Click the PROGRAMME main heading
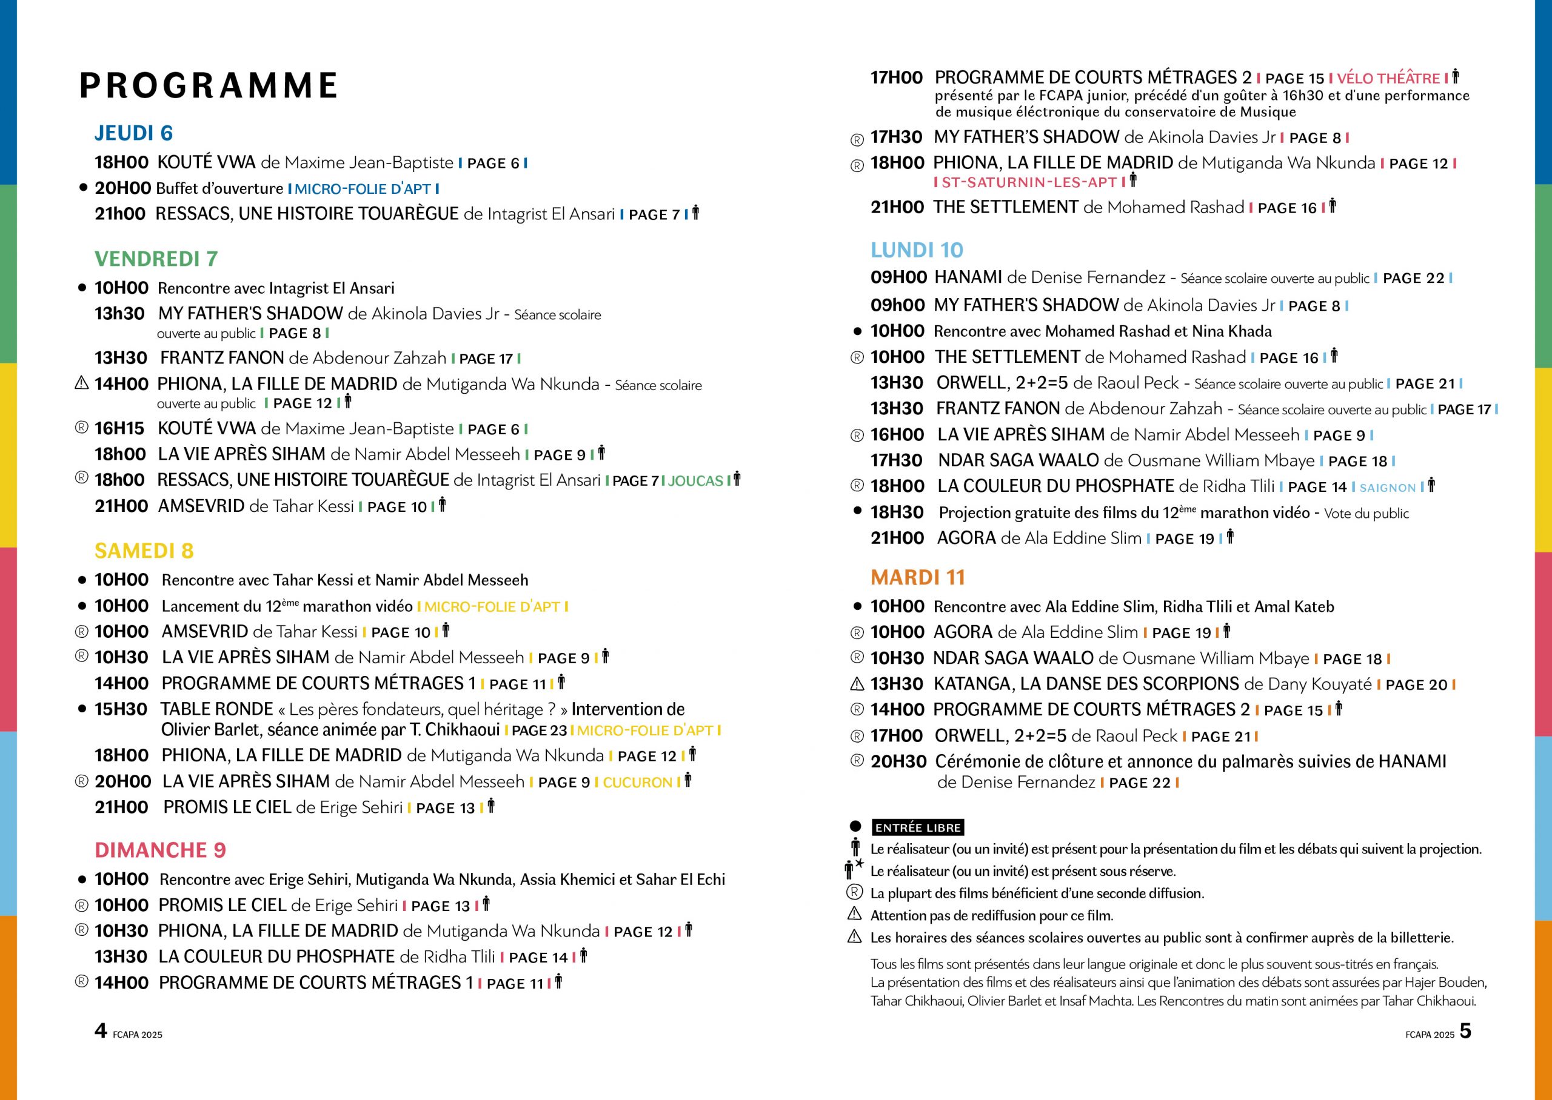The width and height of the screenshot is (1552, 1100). (209, 85)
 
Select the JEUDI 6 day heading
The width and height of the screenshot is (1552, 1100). (133, 133)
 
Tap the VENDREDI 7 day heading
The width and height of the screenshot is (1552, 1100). (156, 259)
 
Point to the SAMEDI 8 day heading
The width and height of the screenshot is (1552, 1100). (144, 551)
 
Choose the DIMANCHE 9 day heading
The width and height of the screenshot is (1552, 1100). (160, 850)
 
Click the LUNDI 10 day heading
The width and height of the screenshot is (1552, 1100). (916, 250)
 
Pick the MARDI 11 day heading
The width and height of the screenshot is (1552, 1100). (918, 577)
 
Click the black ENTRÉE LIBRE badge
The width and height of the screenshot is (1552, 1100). (918, 827)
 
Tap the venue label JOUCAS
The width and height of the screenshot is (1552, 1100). (695, 481)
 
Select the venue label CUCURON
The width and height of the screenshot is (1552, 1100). (637, 783)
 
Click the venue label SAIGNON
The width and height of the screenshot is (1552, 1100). (1387, 488)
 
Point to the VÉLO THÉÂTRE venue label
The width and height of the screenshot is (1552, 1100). (1388, 79)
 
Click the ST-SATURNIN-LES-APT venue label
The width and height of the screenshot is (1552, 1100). (1029, 182)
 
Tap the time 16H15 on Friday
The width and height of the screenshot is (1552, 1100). (119, 428)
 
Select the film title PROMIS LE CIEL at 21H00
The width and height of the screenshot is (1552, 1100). (227, 807)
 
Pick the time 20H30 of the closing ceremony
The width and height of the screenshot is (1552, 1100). (898, 761)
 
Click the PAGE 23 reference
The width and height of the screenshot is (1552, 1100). (539, 730)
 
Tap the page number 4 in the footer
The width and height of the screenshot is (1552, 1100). (100, 1030)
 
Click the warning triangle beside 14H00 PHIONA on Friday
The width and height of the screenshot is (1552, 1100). (81, 383)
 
